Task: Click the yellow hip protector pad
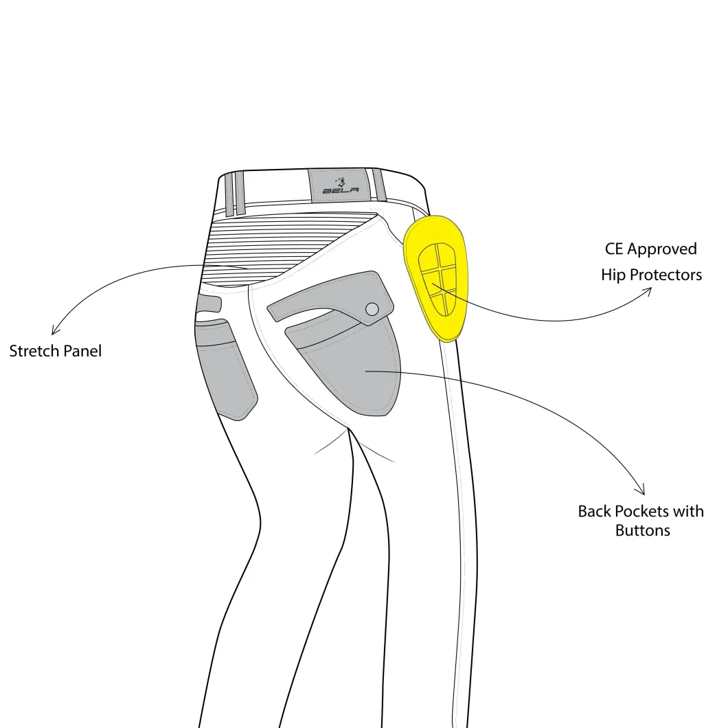click(x=436, y=279)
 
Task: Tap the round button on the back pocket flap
click(x=372, y=309)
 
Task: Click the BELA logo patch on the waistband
click(x=341, y=185)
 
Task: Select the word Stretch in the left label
click(x=34, y=351)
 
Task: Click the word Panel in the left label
click(x=82, y=351)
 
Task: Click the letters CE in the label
click(x=614, y=249)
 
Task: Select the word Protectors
click(x=666, y=275)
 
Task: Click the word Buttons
click(x=643, y=531)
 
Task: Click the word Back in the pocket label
click(x=595, y=511)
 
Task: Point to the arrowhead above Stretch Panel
click(x=55, y=330)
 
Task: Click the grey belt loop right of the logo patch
click(x=379, y=185)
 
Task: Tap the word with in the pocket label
click(x=689, y=511)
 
